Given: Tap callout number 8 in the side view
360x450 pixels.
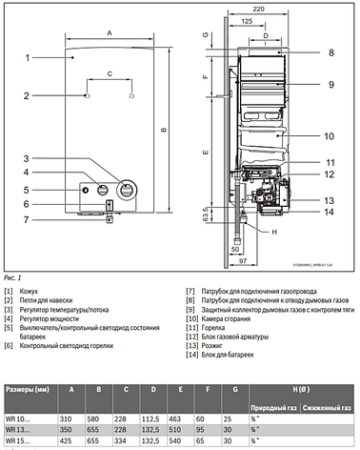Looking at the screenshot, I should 331,52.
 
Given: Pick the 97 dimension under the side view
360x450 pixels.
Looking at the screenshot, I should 244,259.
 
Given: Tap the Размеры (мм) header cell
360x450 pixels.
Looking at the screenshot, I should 30,390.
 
